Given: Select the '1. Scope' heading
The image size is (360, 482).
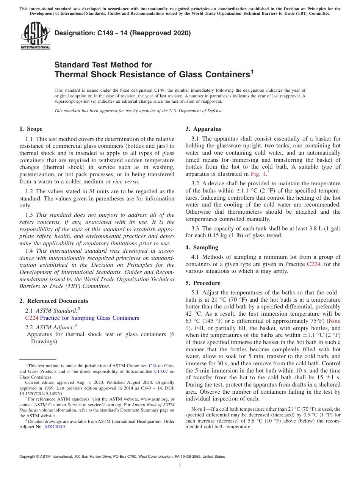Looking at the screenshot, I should tap(31, 129).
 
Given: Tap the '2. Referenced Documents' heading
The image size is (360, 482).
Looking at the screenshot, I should tap(53, 301).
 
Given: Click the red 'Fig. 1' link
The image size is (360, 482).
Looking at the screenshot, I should tap(258, 174).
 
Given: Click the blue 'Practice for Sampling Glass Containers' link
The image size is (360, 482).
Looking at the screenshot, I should tap(89, 318).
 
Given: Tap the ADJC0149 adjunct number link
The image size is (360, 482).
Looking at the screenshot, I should tap(55, 426).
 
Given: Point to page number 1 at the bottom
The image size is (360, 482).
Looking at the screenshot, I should tap(180, 466).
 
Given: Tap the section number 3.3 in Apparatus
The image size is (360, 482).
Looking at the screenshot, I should tap(196, 228).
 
